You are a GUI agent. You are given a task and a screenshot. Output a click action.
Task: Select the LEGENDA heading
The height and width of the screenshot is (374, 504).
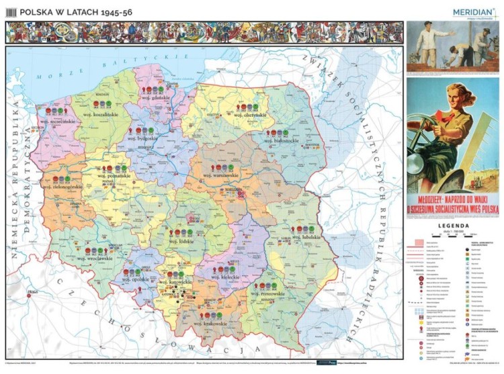coord(453,225)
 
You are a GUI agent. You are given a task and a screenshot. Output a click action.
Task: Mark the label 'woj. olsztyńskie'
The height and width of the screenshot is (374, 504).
coord(249,115)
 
